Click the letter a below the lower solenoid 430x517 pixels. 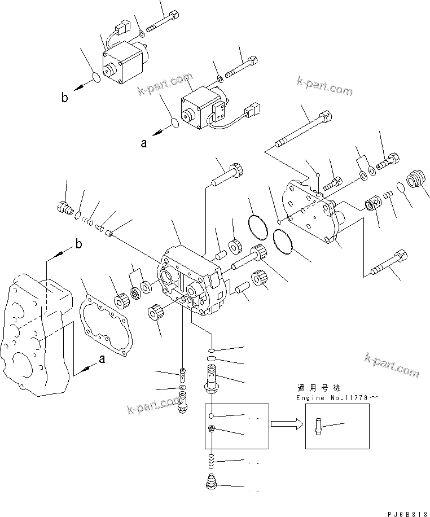[x=144, y=143]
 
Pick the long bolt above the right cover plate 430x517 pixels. [x=304, y=130]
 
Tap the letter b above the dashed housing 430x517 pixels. [x=78, y=244]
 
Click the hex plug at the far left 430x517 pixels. [x=65, y=209]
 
